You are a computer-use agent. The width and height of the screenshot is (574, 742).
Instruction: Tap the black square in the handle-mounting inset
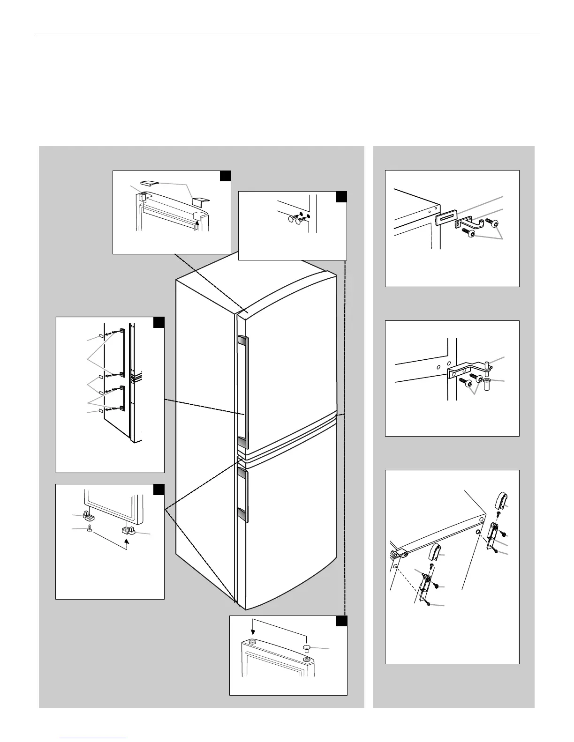(x=159, y=323)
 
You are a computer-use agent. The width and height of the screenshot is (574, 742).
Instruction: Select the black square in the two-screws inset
(x=341, y=196)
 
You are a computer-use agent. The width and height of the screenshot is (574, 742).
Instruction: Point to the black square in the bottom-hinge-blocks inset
(x=159, y=490)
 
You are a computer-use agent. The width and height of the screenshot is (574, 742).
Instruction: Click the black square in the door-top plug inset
(x=342, y=621)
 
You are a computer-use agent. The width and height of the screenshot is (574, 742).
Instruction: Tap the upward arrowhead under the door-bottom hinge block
(x=126, y=540)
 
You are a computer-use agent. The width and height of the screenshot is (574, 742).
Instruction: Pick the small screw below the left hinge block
(x=89, y=529)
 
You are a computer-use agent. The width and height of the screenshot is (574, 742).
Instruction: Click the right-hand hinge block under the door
(x=128, y=530)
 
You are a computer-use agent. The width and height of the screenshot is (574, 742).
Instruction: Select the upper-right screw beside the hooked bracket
(x=494, y=222)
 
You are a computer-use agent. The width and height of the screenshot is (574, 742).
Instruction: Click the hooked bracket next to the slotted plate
(x=467, y=223)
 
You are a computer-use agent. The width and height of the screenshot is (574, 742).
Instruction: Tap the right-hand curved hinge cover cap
(x=501, y=500)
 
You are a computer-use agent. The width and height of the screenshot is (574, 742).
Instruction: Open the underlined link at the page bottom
(x=94, y=739)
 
